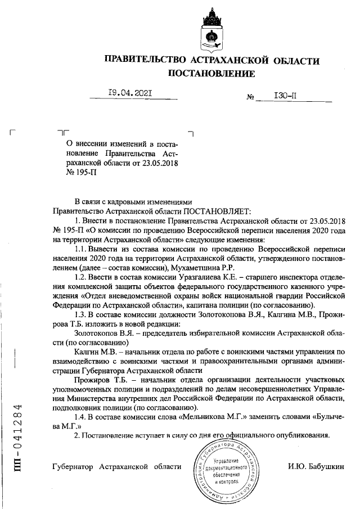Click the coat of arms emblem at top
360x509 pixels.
coord(211,33)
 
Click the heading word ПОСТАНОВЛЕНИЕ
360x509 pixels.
coord(211,74)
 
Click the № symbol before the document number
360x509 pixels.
coord(251,97)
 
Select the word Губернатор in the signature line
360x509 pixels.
coord(73,466)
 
